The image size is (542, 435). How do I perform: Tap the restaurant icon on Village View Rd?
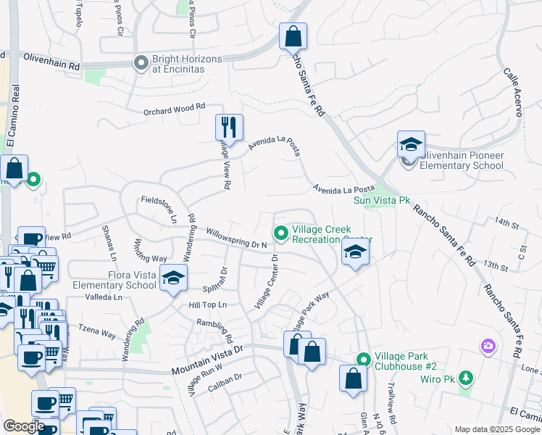coord(229,127)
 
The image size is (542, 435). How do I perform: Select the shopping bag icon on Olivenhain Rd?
coord(293,36)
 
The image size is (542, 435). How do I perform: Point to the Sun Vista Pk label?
coord(382,200)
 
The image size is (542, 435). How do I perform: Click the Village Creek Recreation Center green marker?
coord(280,233)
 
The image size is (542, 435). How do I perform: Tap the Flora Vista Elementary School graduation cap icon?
coord(173,278)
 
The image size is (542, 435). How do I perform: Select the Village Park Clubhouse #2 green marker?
coord(362,359)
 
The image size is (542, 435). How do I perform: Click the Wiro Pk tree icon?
coord(465,378)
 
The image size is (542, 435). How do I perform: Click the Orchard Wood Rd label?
coord(175,110)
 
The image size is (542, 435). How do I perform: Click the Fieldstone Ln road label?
coord(160,208)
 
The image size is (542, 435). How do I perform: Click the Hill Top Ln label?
coord(208,305)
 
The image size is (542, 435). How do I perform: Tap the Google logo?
coord(24,426)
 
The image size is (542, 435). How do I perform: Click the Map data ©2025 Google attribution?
coord(496,429)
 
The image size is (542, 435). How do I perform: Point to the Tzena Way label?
coord(97,331)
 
